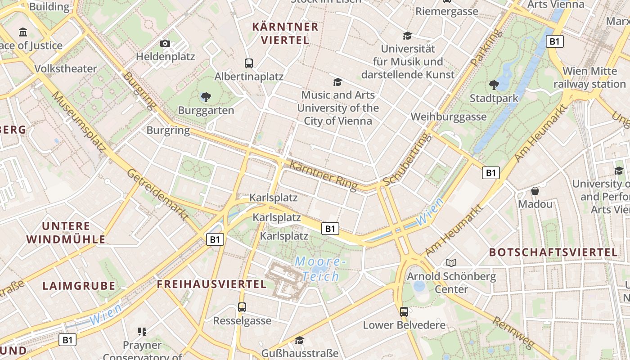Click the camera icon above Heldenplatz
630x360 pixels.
tap(165, 44)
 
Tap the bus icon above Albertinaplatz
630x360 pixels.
tap(248, 63)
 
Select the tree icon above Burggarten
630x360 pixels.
tap(206, 97)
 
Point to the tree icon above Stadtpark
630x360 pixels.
tap(494, 85)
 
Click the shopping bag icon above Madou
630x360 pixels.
tap(535, 191)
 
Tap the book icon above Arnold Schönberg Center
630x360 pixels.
tap(451, 263)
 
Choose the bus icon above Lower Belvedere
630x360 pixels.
tap(404, 311)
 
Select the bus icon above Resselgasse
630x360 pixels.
tap(242, 307)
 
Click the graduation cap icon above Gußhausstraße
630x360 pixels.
tap(300, 340)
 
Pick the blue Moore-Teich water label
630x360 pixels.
tap(320, 269)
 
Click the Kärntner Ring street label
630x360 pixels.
tap(324, 175)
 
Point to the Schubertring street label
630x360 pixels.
tap(405, 160)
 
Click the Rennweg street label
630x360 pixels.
tap(513, 333)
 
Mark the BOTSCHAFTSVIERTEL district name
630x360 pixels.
tap(553, 252)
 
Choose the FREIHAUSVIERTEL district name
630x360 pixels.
tap(211, 284)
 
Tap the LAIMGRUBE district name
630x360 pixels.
tap(79, 286)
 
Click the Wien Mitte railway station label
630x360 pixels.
tap(589, 77)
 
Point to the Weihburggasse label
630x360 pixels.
tap(449, 117)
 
